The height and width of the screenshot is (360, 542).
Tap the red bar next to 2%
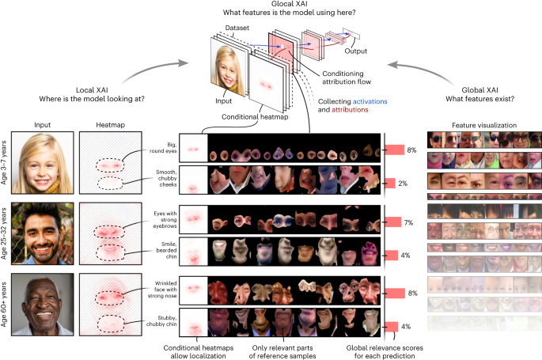(388, 184)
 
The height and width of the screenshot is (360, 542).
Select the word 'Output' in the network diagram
(359, 51)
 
